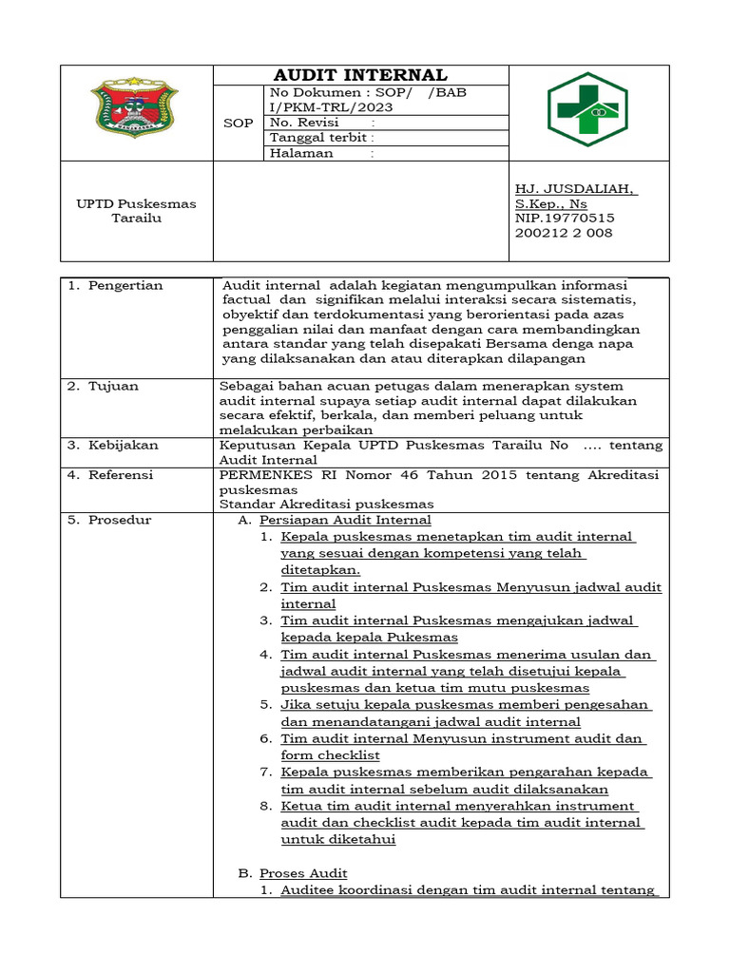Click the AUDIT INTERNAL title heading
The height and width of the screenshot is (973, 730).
tap(360, 75)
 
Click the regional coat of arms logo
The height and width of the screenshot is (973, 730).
tap(134, 111)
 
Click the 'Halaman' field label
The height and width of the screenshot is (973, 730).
tap(301, 153)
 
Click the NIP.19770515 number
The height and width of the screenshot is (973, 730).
tap(564, 218)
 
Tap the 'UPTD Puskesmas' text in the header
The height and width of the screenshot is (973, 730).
tap(136, 203)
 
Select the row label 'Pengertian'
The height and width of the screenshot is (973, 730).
tap(125, 285)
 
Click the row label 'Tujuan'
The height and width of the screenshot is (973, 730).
tap(113, 386)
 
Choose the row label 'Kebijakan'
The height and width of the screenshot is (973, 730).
tap(124, 445)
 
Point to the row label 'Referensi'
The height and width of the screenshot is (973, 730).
tap(121, 474)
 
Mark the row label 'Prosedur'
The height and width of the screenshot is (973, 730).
tap(119, 520)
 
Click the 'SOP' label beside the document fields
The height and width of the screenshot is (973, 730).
tap(238, 124)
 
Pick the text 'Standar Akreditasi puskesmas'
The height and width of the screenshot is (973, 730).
tap(326, 504)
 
